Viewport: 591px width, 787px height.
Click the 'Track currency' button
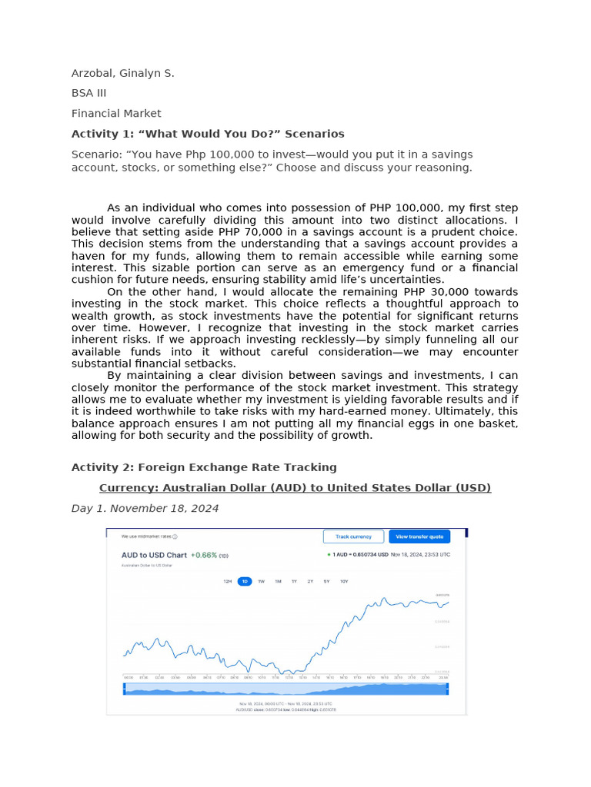tap(353, 536)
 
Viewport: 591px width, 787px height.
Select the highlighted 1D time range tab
tap(245, 582)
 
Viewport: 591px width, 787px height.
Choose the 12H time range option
tap(228, 582)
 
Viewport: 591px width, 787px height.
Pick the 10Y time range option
tap(344, 582)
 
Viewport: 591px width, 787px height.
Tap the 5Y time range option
tap(327, 582)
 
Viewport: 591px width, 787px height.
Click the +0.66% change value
tap(204, 555)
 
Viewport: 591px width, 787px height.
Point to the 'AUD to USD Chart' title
tap(154, 555)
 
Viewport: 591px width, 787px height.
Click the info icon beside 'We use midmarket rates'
tap(175, 537)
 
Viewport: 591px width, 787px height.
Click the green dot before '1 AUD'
tap(329, 554)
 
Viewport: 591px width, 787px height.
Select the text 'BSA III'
tap(88, 93)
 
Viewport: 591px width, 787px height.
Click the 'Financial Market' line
tap(116, 113)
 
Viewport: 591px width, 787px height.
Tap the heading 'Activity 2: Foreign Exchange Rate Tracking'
tap(204, 467)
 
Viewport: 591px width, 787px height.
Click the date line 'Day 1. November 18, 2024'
tap(145, 508)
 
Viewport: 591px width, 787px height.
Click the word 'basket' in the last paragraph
tap(497, 423)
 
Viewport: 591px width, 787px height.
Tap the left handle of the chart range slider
tap(124, 689)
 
